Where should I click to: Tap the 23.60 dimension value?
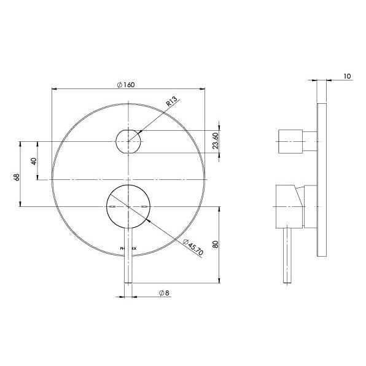pos(215,142)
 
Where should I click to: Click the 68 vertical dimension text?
pos(17,177)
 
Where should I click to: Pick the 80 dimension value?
pos(214,244)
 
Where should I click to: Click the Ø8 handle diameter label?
pos(163,294)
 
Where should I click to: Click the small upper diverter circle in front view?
pos(128,142)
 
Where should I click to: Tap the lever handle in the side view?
pos(287,255)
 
